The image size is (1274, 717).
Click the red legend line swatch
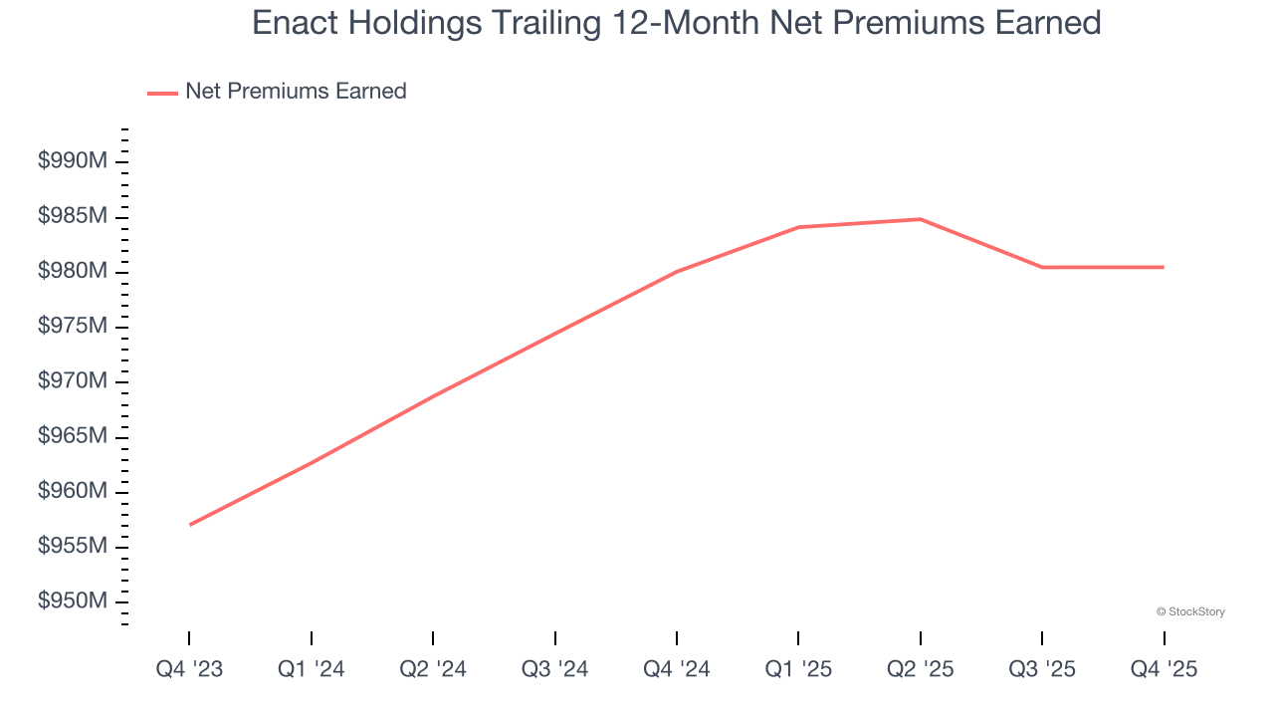coord(162,93)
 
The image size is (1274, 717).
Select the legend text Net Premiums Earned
coord(296,92)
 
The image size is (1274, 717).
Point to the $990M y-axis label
coord(72,161)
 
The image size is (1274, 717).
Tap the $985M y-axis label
coord(72,216)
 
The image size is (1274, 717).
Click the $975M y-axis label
coord(72,327)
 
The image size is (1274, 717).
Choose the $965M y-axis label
coord(72,436)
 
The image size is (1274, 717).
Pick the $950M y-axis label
coord(72,601)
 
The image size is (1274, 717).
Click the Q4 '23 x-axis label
coord(189,670)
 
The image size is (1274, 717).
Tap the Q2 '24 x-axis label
coord(433,670)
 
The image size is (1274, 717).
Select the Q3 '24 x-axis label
coord(554,670)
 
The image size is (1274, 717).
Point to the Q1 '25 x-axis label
coord(798,670)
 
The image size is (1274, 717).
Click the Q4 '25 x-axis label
coord(1164,670)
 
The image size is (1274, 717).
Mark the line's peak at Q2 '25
coord(921,219)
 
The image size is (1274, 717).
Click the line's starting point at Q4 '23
coord(189,525)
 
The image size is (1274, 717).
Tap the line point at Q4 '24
coord(677,271)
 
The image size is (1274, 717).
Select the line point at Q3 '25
coord(1042,267)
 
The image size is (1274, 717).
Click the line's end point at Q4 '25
coord(1164,267)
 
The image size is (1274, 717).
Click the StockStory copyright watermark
coord(1190,611)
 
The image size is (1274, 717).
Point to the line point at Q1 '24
coord(312,463)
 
